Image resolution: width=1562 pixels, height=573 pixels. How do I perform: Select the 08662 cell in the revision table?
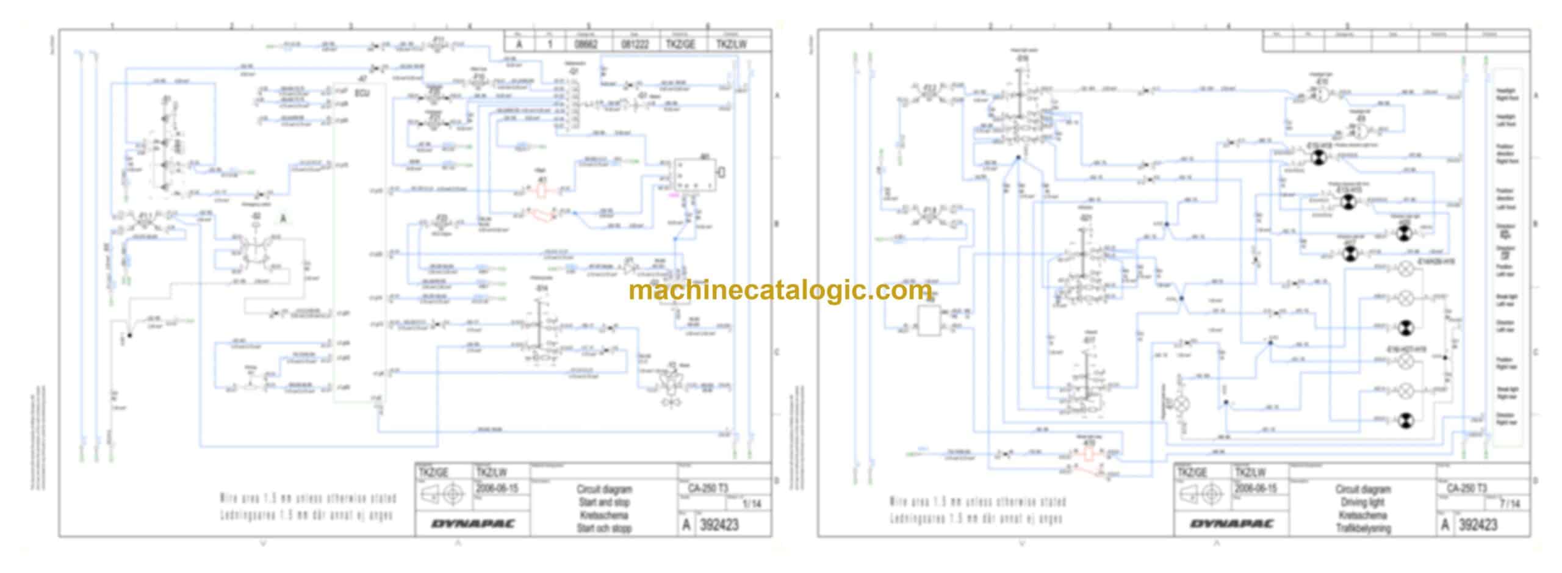tap(588, 44)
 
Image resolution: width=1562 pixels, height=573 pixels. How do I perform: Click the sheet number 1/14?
tap(751, 504)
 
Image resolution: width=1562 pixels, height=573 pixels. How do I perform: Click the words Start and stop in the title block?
tap(604, 502)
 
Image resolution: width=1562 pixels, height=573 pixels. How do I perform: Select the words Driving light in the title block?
tap(1363, 502)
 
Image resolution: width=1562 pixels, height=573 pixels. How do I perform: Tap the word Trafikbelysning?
tap(1363, 528)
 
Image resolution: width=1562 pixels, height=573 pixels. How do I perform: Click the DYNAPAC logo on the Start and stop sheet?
tap(473, 524)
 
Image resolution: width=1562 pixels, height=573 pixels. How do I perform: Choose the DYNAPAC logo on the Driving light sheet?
tap(1232, 524)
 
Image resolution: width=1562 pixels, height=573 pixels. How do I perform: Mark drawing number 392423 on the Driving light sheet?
tap(1478, 525)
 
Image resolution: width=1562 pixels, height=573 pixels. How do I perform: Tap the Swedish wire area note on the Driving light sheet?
tap(976, 519)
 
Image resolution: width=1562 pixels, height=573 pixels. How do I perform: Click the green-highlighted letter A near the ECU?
tap(283, 218)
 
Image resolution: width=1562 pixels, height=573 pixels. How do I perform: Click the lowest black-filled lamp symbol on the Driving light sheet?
tap(1405, 419)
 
